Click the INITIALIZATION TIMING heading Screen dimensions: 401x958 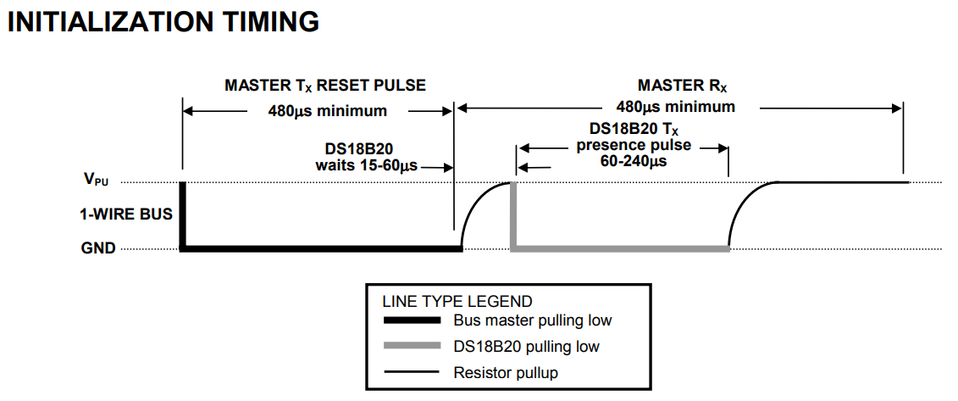tap(163, 22)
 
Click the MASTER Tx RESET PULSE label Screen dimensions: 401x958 tap(324, 86)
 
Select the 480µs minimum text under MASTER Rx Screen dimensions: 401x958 tap(675, 107)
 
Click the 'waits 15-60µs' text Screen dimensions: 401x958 tap(366, 164)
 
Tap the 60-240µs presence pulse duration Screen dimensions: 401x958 tap(622, 160)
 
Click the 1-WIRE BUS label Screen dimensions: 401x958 tap(126, 214)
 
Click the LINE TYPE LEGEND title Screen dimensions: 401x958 tap(457, 301)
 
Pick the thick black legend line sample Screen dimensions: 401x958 tap(412, 320)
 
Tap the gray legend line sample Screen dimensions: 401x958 tap(412, 346)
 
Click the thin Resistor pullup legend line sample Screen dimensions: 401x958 tap(412, 372)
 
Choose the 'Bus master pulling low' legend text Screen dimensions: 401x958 tap(532, 320)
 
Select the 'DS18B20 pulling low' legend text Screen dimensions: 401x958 tap(526, 346)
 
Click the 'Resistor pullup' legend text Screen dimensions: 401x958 tap(506, 372)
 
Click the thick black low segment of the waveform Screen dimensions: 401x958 tap(322, 249)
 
